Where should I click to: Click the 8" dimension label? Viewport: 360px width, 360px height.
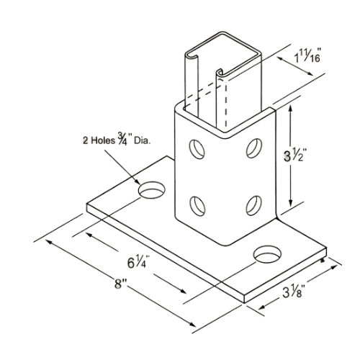[120, 284]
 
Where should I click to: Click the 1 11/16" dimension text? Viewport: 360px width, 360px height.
[308, 56]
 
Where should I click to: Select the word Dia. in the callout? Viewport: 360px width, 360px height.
[143, 140]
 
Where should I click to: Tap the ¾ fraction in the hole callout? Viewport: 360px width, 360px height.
[122, 140]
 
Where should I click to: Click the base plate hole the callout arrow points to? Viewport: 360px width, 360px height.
[152, 190]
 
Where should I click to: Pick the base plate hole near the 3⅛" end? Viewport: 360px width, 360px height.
[268, 254]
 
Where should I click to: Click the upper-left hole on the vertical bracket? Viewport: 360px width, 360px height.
[197, 149]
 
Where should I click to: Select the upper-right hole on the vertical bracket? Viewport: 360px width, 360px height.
[254, 148]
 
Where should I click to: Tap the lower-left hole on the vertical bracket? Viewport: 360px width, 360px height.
[198, 205]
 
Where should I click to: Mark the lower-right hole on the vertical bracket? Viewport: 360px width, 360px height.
[254, 205]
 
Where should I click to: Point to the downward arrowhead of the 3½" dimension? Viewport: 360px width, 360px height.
[291, 203]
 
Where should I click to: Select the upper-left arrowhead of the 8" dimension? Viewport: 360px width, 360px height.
[50, 242]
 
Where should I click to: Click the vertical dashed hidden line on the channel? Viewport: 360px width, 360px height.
[225, 104]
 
